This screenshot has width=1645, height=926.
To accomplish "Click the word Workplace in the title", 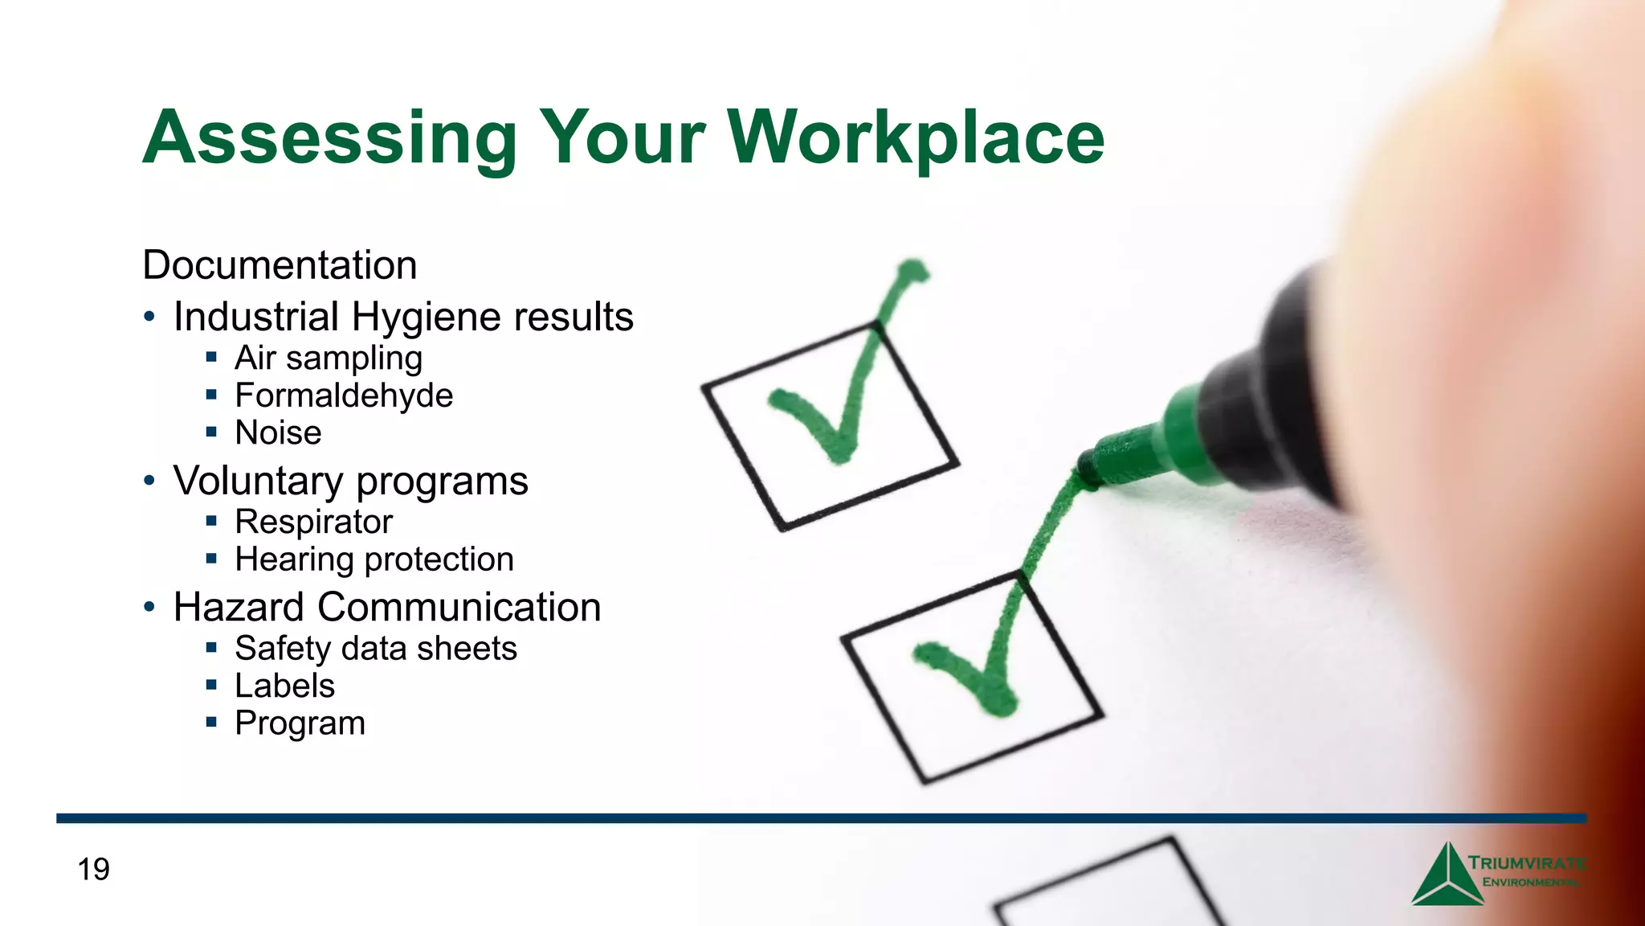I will point(916,138).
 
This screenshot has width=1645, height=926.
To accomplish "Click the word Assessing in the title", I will point(330,138).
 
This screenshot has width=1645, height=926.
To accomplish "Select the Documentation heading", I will point(280,265).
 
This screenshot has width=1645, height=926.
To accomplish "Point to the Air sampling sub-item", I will point(328,359).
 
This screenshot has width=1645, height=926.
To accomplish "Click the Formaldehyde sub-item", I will point(344,395).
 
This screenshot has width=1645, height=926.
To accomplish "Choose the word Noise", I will point(278,432).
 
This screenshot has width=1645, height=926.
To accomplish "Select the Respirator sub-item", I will point(313,522).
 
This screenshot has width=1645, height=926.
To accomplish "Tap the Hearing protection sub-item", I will point(374,559).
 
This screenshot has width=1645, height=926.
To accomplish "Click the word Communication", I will point(459,607).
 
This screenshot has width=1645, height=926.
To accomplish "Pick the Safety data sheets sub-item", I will point(376,649).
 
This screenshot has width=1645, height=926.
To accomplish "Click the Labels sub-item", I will point(284,686).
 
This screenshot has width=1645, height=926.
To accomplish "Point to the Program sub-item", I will point(300,723).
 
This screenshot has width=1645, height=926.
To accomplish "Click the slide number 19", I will point(93,870).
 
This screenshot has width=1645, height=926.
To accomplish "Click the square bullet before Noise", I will point(211,432).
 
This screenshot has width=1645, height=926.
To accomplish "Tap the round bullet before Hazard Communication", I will point(149,607).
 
